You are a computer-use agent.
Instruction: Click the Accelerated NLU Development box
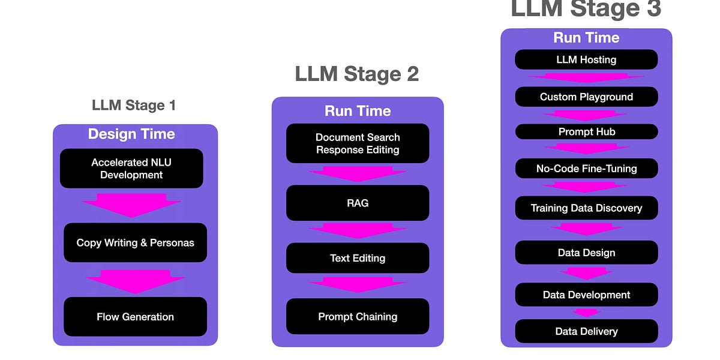(131, 169)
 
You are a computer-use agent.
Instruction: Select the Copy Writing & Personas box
(135, 243)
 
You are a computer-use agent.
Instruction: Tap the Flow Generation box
(135, 317)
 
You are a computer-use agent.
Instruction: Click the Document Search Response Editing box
(358, 143)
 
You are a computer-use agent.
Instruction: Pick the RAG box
(358, 203)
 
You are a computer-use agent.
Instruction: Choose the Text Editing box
(358, 258)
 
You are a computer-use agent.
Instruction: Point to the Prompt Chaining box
(358, 316)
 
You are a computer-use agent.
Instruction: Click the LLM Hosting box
(586, 59)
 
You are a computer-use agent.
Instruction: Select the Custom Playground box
(586, 97)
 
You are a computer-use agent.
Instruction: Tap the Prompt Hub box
(586, 131)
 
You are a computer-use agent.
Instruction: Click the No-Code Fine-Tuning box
(586, 169)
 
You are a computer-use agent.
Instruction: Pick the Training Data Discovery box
(586, 208)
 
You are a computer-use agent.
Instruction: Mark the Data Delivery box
(586, 331)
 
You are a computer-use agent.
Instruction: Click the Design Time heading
(131, 134)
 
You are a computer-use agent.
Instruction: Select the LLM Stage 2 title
(357, 74)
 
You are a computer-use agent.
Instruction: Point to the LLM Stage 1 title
(134, 106)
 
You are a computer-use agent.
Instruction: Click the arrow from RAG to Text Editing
(358, 230)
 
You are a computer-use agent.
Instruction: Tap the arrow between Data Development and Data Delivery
(586, 312)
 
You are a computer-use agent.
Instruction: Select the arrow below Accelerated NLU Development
(131, 204)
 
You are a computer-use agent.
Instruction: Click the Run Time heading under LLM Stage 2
(358, 111)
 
